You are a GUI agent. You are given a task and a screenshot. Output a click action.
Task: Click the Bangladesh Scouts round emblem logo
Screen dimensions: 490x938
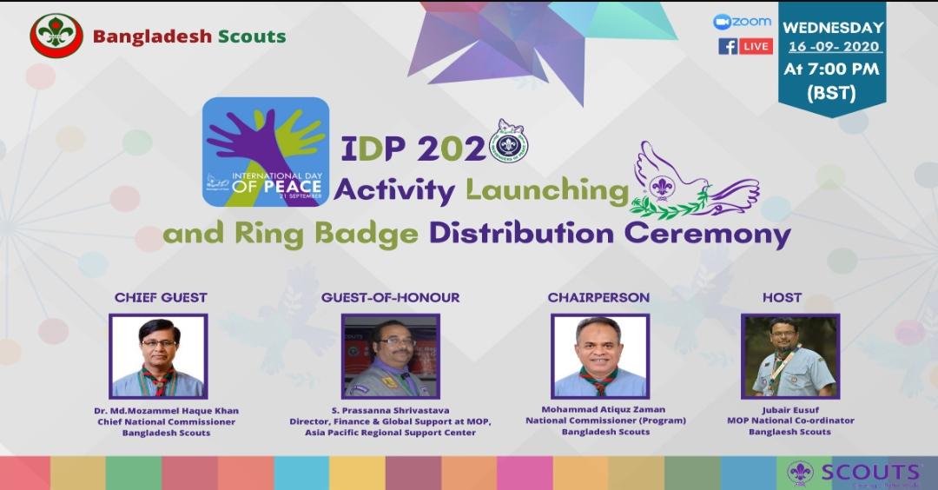click(56, 36)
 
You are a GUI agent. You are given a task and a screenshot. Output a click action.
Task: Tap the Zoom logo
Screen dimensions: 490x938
click(743, 22)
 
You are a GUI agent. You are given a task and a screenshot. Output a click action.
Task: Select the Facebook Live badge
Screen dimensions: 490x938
click(745, 46)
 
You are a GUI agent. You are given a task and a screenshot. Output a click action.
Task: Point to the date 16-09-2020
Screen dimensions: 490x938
click(832, 46)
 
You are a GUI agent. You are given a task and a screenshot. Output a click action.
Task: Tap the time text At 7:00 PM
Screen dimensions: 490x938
click(831, 69)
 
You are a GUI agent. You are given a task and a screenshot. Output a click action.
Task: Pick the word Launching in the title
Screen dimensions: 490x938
click(547, 189)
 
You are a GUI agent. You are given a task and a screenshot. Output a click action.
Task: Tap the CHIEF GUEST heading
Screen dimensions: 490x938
click(161, 298)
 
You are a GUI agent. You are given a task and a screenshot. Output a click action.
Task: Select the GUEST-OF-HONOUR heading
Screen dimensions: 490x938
click(390, 298)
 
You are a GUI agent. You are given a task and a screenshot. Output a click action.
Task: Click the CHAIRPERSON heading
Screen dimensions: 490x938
click(598, 298)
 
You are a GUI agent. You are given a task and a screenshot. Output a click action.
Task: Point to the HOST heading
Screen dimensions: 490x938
click(782, 298)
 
